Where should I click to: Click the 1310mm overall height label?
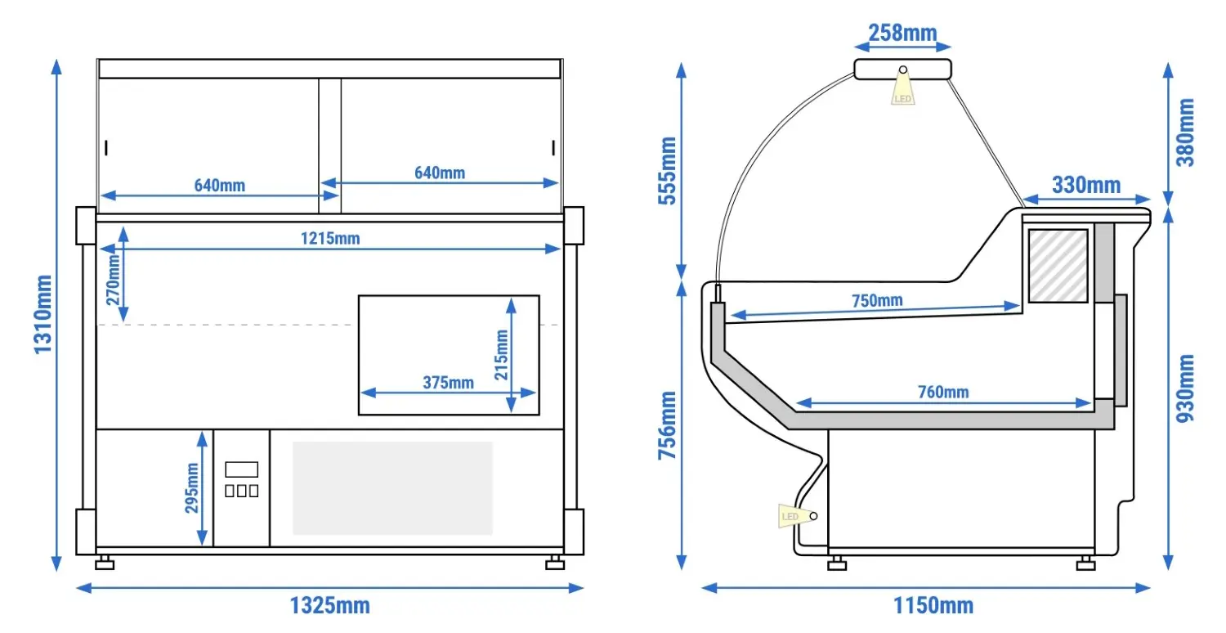click(x=43, y=314)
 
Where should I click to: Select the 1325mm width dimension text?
click(x=329, y=606)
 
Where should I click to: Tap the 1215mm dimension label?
click(x=330, y=239)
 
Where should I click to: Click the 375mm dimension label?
click(x=448, y=382)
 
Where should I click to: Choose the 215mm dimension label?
click(x=501, y=355)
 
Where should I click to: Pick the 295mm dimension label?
click(x=192, y=488)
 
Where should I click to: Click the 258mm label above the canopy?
click(x=902, y=33)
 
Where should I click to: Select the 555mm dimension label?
click(x=668, y=171)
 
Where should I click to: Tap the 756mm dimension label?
click(x=668, y=425)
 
